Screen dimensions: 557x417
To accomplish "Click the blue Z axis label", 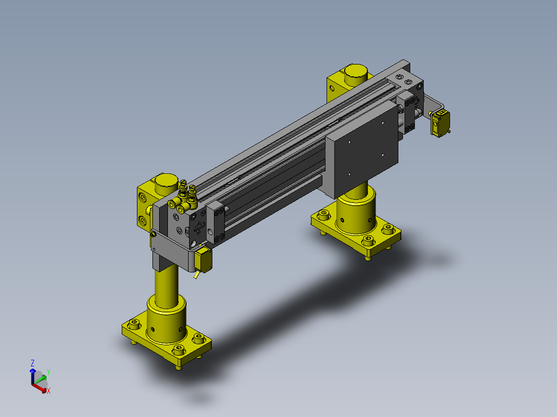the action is click(x=33, y=363).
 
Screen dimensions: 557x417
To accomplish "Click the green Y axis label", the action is click(x=49, y=372).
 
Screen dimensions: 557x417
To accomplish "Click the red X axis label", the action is click(x=49, y=391).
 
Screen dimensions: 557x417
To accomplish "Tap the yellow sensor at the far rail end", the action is click(x=440, y=123).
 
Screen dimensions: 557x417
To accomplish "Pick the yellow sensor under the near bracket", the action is click(x=203, y=260).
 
